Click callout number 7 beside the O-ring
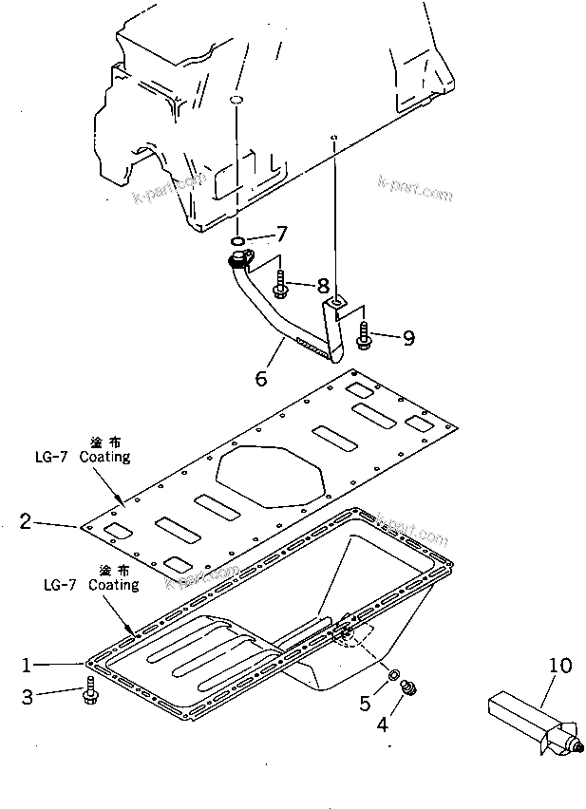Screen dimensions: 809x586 click(x=281, y=233)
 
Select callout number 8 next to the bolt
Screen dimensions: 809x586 click(x=323, y=284)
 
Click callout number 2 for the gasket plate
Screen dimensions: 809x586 click(x=26, y=520)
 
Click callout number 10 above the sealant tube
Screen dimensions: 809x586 click(x=560, y=666)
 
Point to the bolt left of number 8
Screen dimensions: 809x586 click(x=282, y=284)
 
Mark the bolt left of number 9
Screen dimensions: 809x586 click(x=366, y=335)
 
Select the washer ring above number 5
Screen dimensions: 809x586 click(x=392, y=675)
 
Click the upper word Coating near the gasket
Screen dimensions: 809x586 click(x=104, y=457)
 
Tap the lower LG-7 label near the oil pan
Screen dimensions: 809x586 click(x=60, y=586)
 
